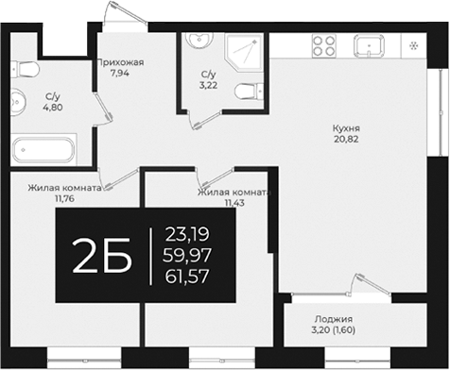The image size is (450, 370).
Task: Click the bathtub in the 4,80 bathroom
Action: pyautogui.click(x=43, y=151)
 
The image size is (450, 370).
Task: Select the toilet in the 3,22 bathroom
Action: pyautogui.click(x=246, y=92)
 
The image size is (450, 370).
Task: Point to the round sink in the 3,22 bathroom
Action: pyautogui.click(x=199, y=41)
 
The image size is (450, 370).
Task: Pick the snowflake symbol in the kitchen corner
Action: pyautogui.click(x=414, y=45)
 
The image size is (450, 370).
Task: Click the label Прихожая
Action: pyautogui.click(x=120, y=62)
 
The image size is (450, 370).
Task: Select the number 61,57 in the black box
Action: pyautogui.click(x=186, y=275)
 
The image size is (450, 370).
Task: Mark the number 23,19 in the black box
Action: pyautogui.click(x=186, y=233)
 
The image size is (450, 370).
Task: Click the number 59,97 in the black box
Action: pyautogui.click(x=186, y=254)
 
